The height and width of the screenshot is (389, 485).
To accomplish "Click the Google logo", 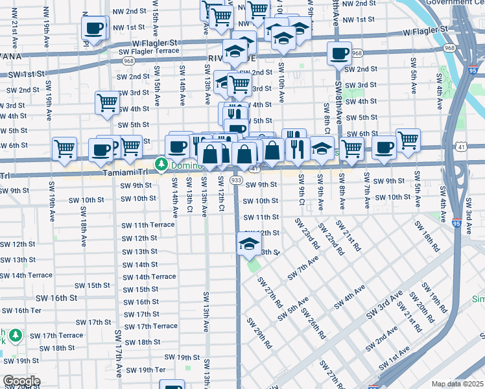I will tap(21, 381).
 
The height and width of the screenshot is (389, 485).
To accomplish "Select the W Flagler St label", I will tap(425, 30).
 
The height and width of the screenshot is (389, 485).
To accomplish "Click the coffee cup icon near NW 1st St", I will tap(93, 29).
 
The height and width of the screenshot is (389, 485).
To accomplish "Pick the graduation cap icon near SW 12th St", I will tap(248, 244).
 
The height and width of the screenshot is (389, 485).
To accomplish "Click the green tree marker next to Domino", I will tap(160, 165).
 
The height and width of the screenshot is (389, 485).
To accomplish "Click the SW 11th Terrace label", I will tap(148, 225).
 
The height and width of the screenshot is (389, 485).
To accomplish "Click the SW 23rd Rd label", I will tap(307, 233).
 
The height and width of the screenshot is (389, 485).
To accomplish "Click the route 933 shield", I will tap(237, 180).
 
